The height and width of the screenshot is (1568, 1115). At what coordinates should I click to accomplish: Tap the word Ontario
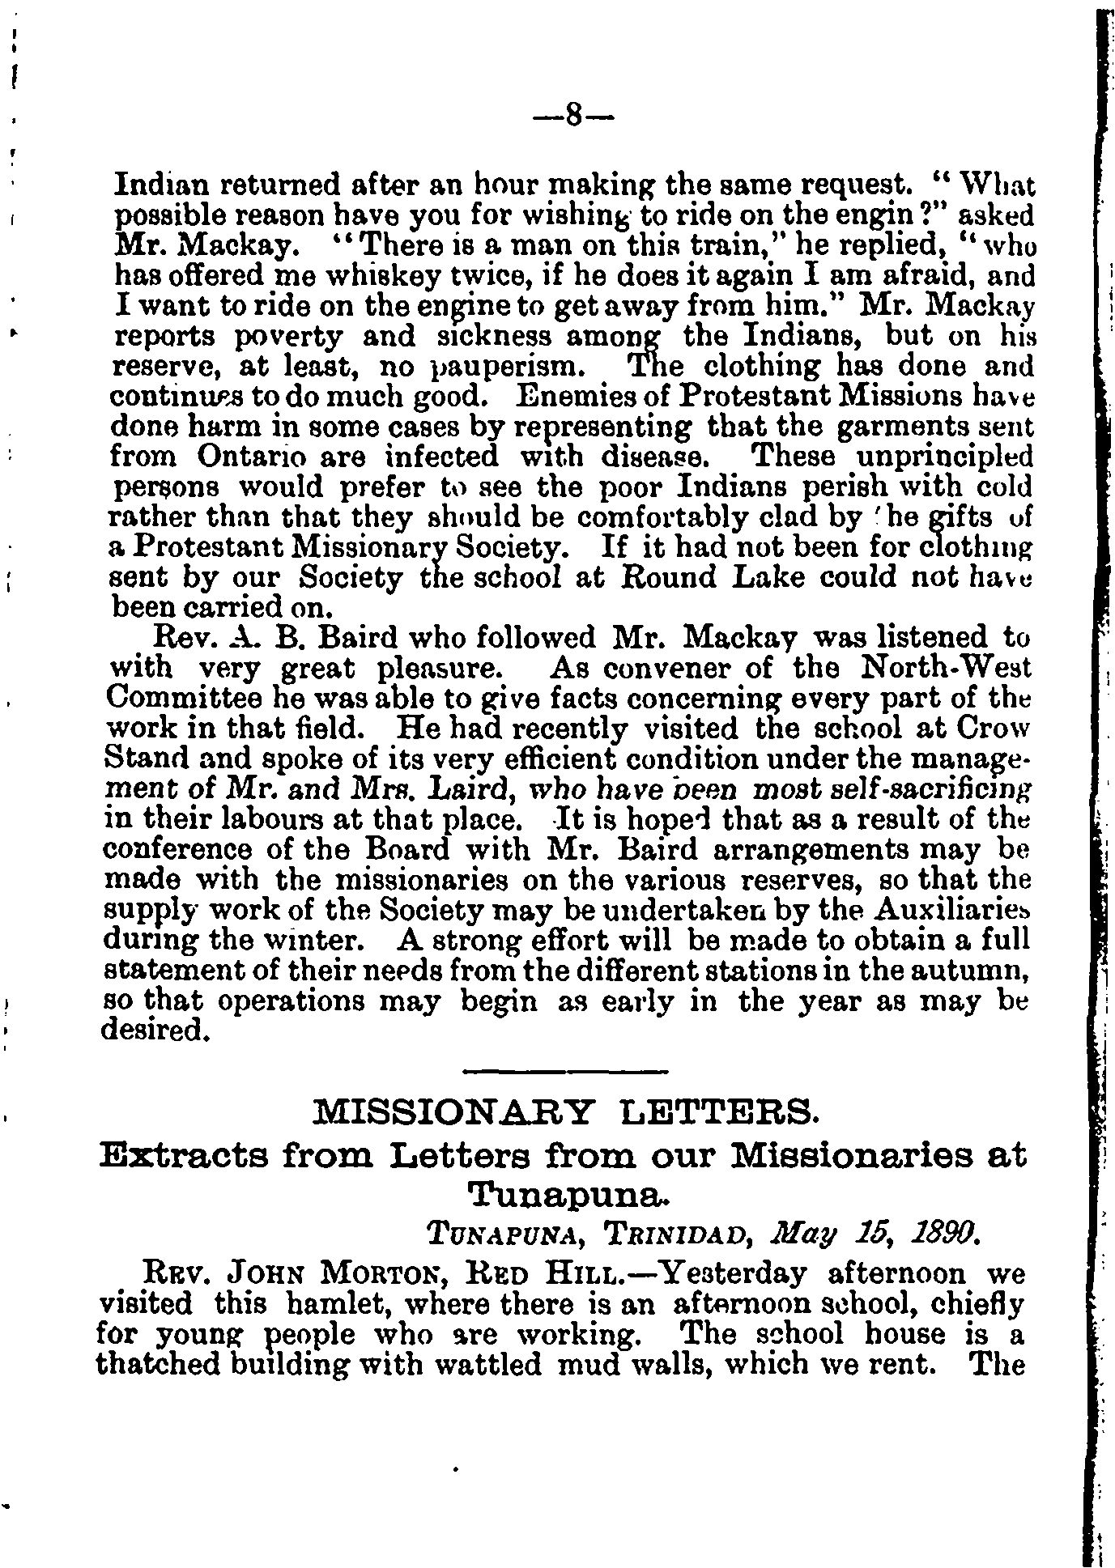[251, 457]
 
